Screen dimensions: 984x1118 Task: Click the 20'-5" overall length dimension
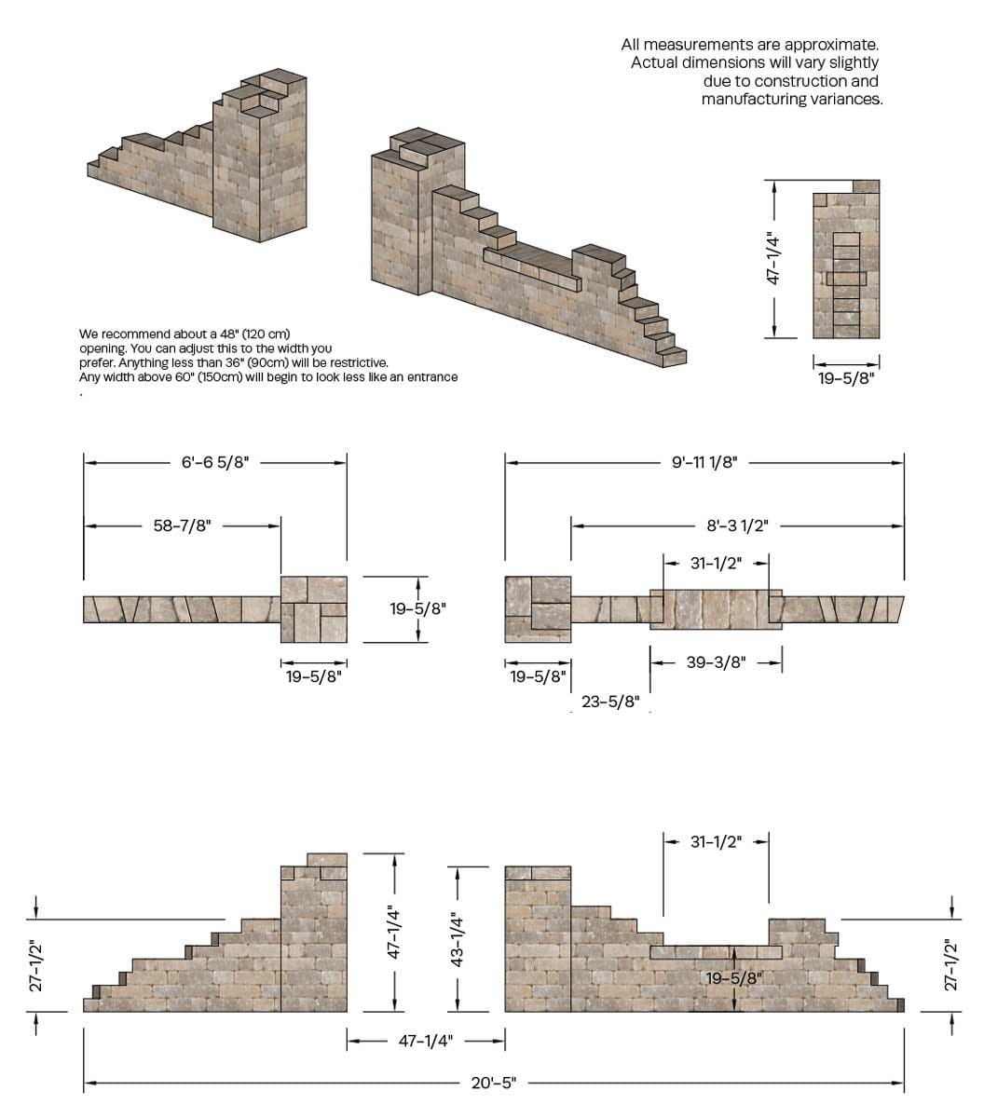click(x=493, y=1084)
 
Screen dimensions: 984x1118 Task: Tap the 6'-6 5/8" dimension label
click(x=215, y=462)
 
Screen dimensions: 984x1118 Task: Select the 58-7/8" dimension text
click(x=182, y=525)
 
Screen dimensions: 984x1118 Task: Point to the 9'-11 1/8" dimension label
click(x=704, y=462)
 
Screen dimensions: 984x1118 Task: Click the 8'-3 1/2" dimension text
click(x=737, y=525)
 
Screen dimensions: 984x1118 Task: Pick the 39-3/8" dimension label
click(x=716, y=662)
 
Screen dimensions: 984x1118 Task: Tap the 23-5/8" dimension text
click(x=610, y=702)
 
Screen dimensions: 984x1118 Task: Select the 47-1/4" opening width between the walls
click(x=426, y=1042)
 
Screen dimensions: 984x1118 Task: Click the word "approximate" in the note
click(x=832, y=44)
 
